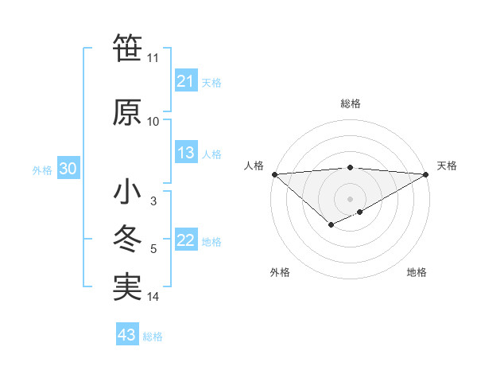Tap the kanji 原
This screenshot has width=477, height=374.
[128, 112]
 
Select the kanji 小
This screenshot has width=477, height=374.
[128, 192]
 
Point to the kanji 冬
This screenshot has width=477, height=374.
[128, 240]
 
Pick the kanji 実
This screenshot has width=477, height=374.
[128, 287]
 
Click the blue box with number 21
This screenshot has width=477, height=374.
[185, 81]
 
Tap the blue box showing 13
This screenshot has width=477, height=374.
[185, 154]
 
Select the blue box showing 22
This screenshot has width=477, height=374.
[185, 241]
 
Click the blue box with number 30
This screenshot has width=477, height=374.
[68, 169]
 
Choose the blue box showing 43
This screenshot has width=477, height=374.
[126, 335]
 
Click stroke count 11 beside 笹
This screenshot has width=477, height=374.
[153, 58]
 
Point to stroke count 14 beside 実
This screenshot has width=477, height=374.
[153, 297]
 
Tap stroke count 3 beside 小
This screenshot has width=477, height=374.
[153, 201]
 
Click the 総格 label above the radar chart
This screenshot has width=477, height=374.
[350, 103]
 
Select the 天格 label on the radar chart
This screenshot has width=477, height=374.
[447, 166]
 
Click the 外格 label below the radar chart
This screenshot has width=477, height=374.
[280, 272]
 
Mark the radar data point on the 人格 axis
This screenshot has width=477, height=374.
[273, 173]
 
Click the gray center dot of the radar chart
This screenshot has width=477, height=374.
[350, 198]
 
